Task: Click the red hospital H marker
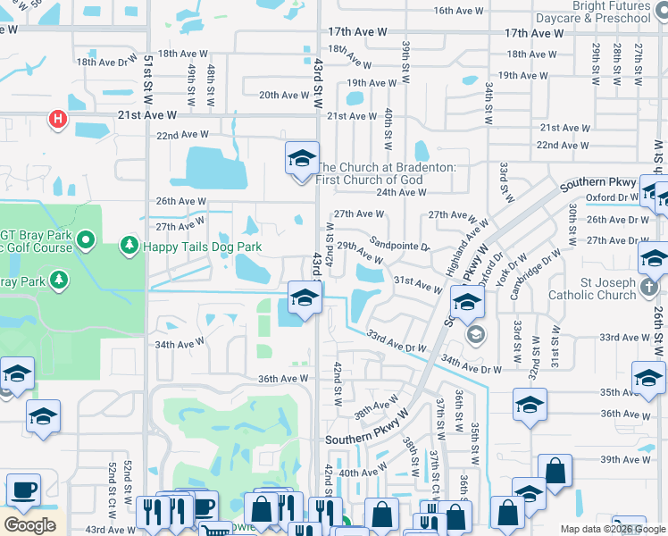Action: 58,119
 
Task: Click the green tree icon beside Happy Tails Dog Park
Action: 129,245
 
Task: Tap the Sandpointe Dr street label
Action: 400,244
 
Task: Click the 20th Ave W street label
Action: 284,96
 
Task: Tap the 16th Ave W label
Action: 458,11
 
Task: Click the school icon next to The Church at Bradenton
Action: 302,160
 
